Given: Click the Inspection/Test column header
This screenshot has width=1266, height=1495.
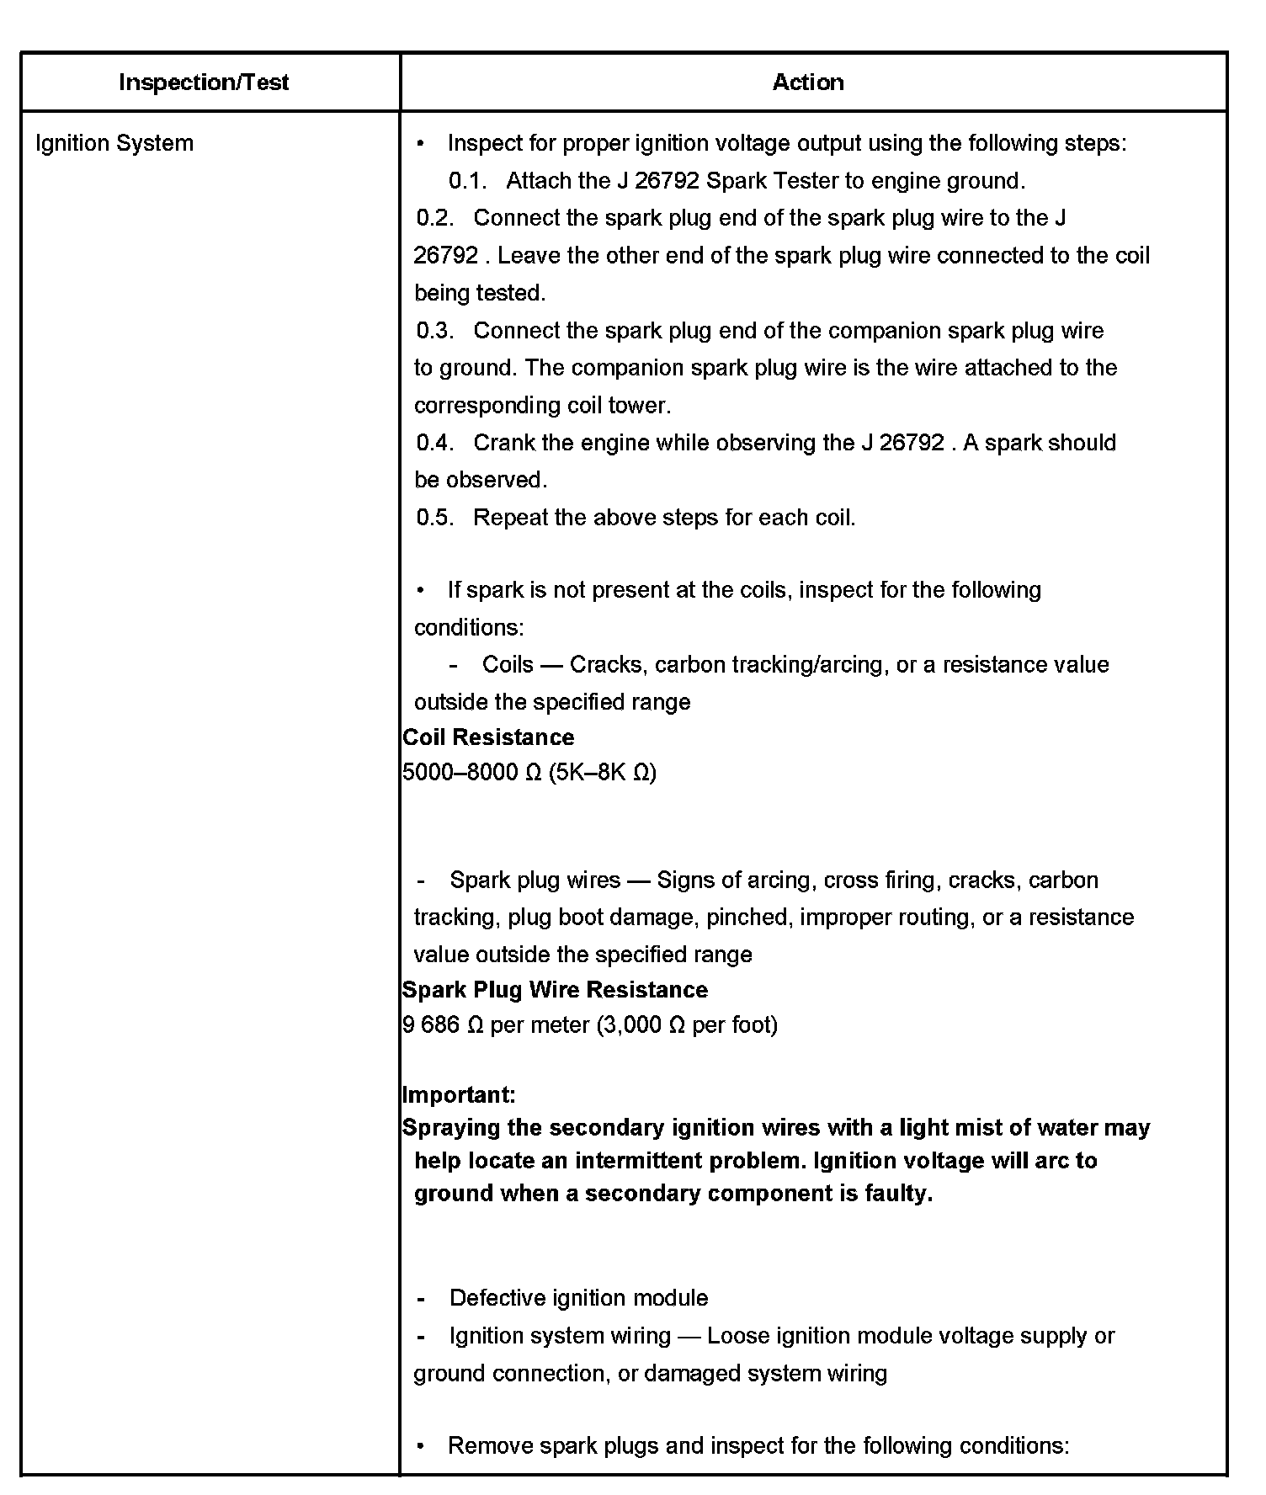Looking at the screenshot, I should click(x=204, y=82).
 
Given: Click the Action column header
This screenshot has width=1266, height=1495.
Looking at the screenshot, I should click(x=808, y=82).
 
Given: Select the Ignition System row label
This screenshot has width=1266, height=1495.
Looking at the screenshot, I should click(x=114, y=143).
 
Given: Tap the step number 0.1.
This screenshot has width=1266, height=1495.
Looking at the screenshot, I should click(x=467, y=181).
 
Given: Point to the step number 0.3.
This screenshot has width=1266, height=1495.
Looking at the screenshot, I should click(x=434, y=331).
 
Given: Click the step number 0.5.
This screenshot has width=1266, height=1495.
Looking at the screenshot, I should click(x=434, y=518).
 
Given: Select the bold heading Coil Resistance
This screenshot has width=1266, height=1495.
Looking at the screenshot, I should click(x=488, y=737).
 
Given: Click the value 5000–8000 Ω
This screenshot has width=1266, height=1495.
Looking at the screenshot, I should click(x=471, y=773).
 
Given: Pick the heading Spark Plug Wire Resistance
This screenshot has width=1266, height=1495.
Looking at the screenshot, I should click(x=555, y=990).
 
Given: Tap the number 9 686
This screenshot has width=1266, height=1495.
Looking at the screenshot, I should click(x=431, y=1025).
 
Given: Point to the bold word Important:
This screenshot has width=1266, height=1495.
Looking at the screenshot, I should click(x=459, y=1095).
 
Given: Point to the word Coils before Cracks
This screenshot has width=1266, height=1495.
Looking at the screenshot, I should click(x=508, y=665).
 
